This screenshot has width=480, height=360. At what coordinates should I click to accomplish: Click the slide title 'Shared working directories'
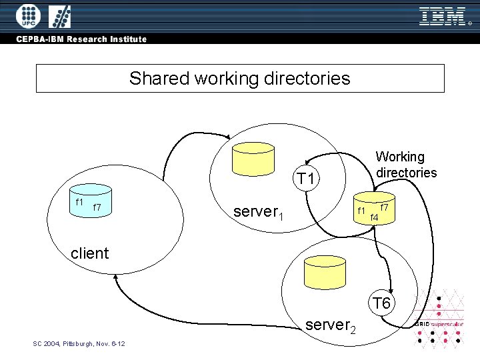(x=239, y=79)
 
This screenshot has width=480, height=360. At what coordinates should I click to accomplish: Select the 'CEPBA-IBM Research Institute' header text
(x=81, y=39)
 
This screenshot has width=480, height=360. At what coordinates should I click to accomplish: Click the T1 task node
(x=307, y=179)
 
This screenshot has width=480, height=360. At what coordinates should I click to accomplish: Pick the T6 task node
(x=381, y=304)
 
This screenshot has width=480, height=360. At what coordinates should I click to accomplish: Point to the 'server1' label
(x=259, y=213)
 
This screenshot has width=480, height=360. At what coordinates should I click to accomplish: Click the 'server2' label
(x=331, y=326)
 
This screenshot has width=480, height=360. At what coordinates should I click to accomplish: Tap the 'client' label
(x=89, y=253)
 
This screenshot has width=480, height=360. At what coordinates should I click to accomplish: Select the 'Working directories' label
(x=406, y=165)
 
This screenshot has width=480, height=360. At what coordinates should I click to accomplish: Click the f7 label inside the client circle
(x=97, y=207)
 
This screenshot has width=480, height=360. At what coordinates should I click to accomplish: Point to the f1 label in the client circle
(x=79, y=201)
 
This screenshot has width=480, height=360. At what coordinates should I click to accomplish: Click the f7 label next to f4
(x=384, y=207)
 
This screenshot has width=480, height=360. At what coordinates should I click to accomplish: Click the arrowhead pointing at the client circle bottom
(x=117, y=279)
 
